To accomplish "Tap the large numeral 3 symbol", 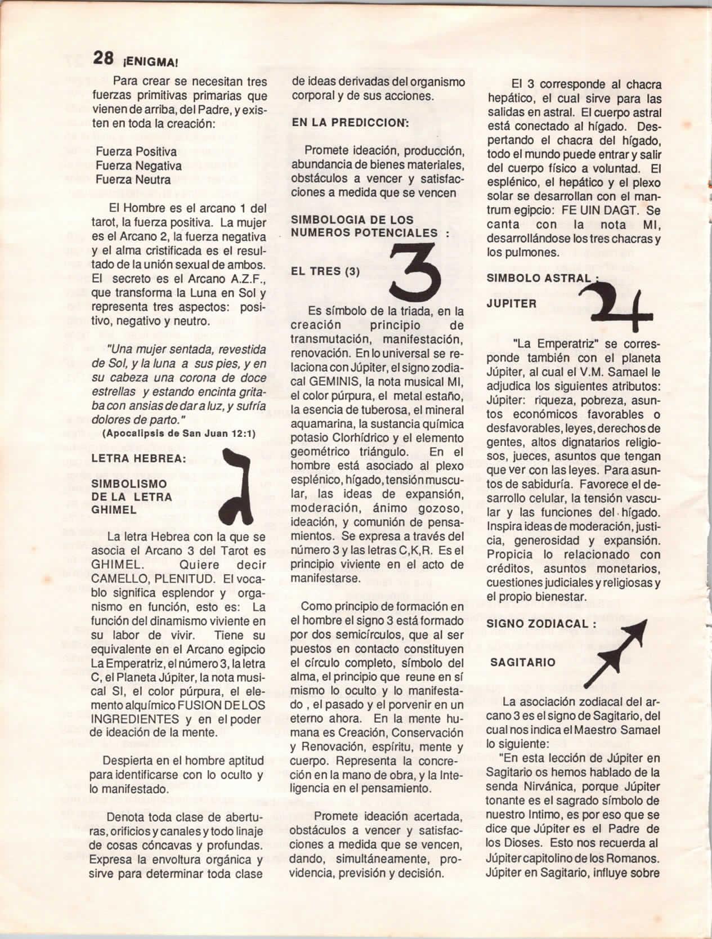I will click(415, 272).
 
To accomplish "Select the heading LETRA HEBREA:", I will click(138, 458).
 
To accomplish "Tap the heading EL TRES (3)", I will click(326, 271).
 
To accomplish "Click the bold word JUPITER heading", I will click(511, 303).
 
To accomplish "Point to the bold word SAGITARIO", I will click(523, 662).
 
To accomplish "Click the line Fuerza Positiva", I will click(136, 151).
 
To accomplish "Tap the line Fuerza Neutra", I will click(133, 180).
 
